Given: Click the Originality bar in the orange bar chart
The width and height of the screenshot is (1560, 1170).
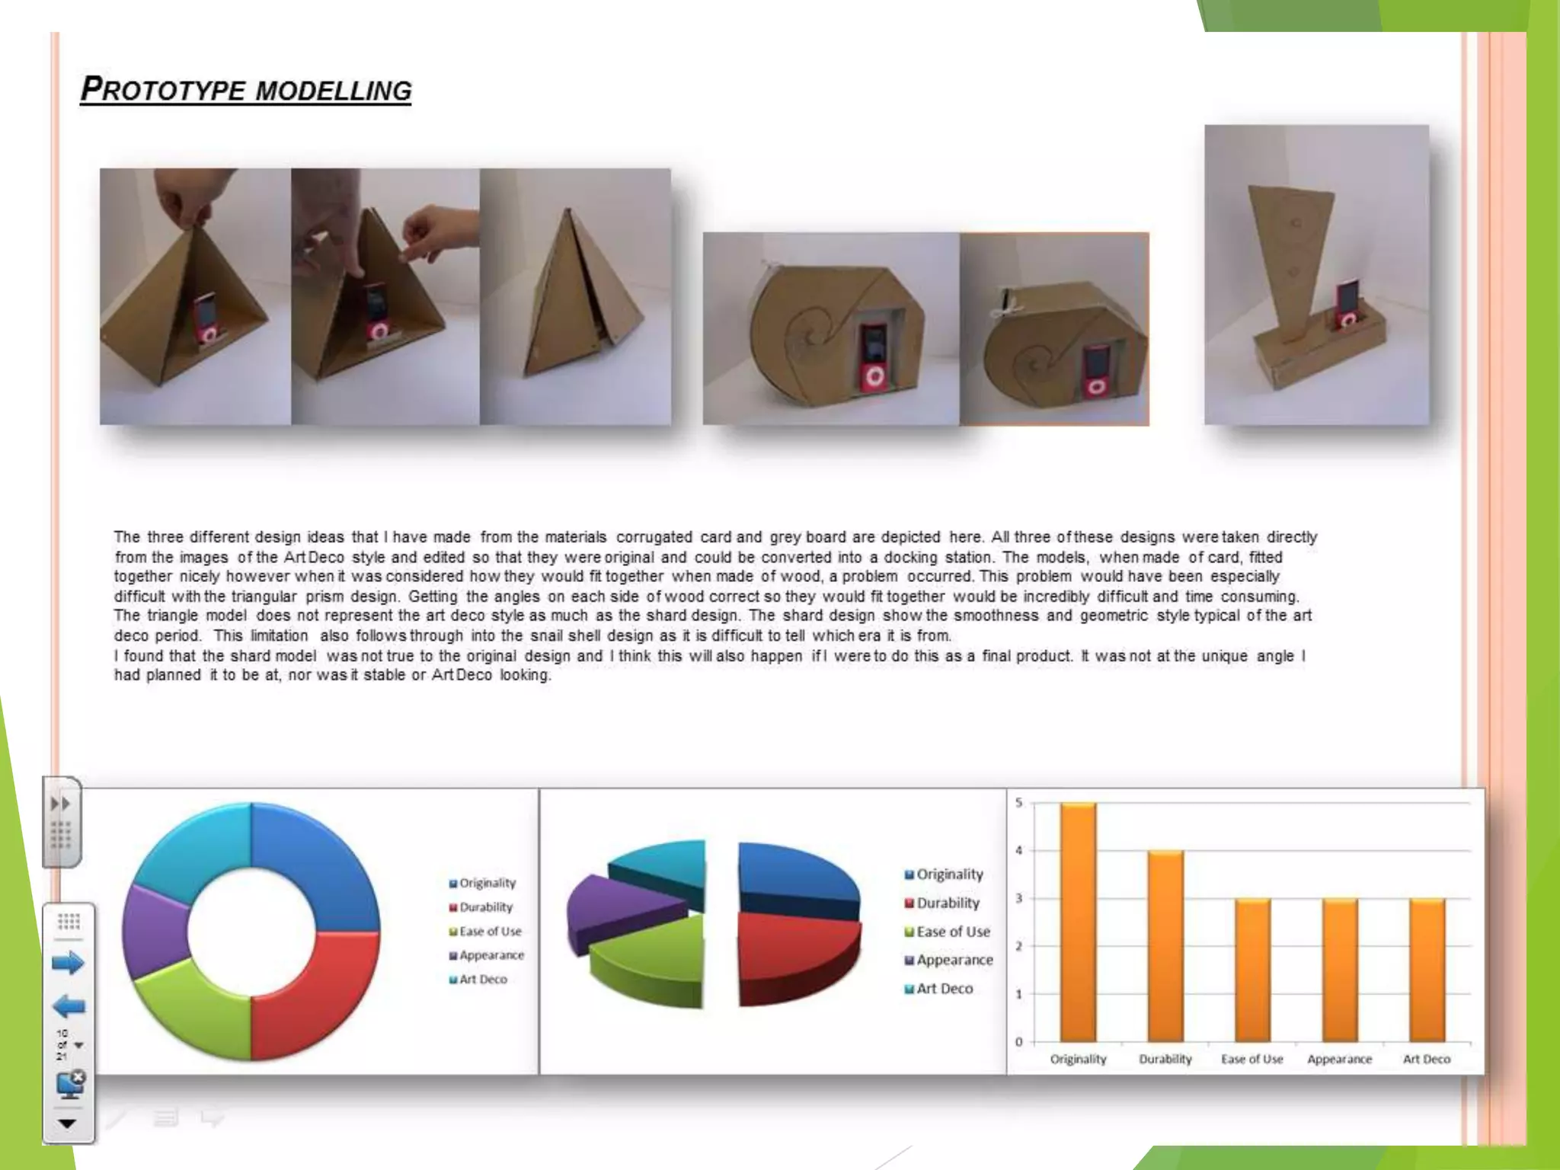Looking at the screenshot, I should click(1078, 922).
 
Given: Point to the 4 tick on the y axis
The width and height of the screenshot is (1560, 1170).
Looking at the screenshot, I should click(1019, 851).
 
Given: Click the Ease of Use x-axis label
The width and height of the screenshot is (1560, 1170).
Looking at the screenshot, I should click(1252, 1059).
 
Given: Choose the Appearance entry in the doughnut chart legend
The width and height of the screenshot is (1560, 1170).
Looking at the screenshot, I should click(491, 955).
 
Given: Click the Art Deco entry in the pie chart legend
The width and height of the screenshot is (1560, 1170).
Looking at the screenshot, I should click(944, 989).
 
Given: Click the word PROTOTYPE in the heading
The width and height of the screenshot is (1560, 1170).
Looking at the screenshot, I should click(163, 90).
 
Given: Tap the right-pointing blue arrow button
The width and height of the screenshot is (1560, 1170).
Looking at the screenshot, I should click(68, 964).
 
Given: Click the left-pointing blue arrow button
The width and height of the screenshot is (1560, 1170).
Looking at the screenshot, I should click(68, 1007).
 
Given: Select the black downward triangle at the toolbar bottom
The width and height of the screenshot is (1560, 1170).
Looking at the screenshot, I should click(67, 1124).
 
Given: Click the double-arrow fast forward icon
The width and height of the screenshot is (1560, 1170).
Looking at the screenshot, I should click(60, 804).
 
